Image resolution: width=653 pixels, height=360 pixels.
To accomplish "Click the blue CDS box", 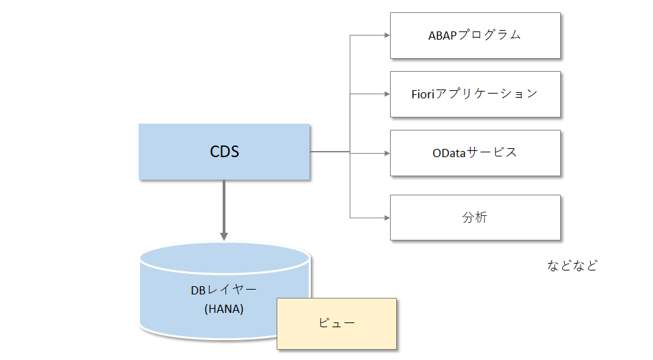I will point(224,152).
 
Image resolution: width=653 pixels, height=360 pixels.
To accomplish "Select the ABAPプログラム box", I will point(475,35).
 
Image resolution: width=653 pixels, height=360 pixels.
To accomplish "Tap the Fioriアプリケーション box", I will point(475,94).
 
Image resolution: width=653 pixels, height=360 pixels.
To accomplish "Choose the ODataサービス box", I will point(475,152).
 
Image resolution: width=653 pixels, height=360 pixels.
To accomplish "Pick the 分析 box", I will point(475,218).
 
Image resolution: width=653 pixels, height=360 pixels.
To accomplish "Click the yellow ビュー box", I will point(337,323).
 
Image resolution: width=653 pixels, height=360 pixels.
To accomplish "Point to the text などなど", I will point(572,266).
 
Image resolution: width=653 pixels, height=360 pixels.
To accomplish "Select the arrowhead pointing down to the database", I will point(223,236).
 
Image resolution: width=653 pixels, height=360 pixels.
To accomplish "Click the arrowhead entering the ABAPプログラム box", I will point(386,35).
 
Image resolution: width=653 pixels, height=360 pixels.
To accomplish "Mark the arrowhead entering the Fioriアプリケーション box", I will point(386,94).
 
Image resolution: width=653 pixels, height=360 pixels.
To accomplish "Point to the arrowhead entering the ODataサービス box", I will point(386,152).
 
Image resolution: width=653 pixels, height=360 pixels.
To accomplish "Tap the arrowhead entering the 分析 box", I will point(386,218).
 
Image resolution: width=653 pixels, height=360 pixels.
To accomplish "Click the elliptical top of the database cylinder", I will point(224,257).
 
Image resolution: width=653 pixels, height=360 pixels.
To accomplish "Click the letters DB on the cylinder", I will point(197,290).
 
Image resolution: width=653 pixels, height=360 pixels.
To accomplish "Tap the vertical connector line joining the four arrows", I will point(350,123).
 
